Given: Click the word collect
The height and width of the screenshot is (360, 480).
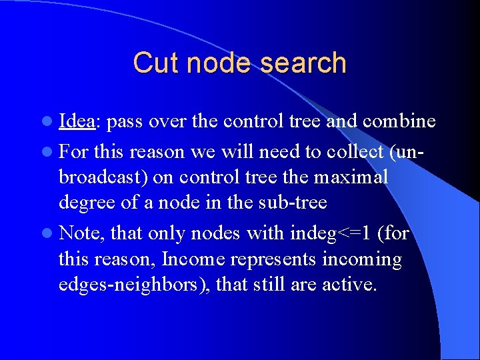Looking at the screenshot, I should (x=355, y=152).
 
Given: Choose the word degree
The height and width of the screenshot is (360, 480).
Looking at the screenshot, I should (x=85, y=203).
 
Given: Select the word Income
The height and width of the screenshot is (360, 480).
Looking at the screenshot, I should (x=197, y=259).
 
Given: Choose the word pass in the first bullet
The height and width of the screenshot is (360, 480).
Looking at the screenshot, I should (x=125, y=121).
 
